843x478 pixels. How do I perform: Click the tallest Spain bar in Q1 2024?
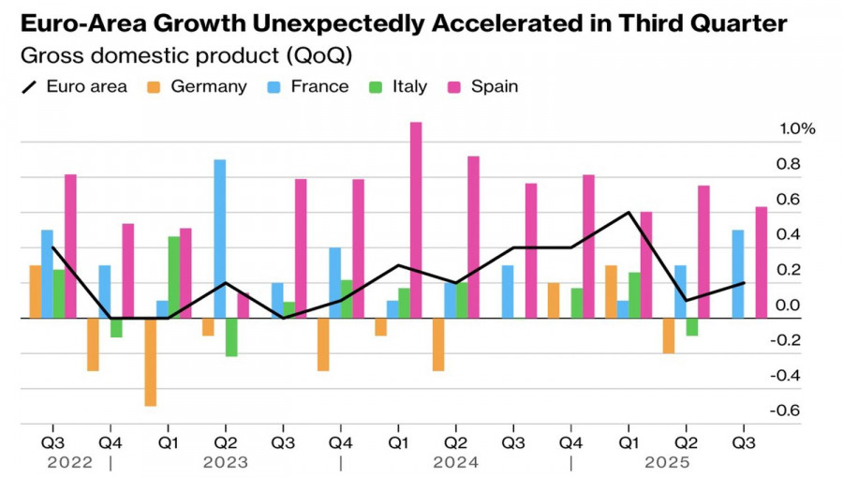(x=416, y=220)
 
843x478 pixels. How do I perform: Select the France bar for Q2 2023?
(x=219, y=239)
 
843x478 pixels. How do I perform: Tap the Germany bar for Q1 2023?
(x=150, y=362)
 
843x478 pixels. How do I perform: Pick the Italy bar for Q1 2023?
(x=173, y=277)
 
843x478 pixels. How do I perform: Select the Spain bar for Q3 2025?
(x=762, y=262)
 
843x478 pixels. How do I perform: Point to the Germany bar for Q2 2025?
(x=669, y=336)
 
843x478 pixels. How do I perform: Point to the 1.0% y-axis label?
(x=797, y=129)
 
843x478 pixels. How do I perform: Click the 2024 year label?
(x=456, y=463)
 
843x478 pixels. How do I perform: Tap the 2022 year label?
(x=70, y=463)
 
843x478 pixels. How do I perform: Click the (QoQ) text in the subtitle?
(x=319, y=55)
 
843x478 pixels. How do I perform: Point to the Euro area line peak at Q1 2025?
(x=629, y=213)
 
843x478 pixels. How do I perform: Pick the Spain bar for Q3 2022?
(x=70, y=246)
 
